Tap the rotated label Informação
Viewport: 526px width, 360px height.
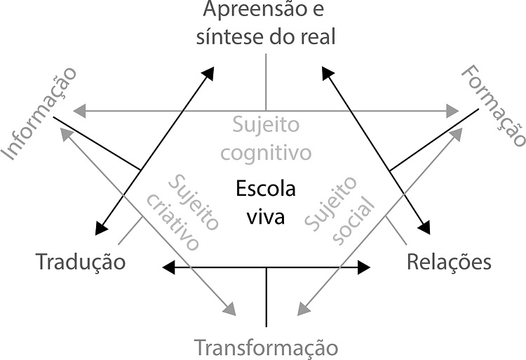coord(39,112)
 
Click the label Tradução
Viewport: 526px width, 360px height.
coord(81,262)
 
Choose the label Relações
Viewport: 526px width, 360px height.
coord(449,262)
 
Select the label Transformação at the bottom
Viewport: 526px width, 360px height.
coord(266,347)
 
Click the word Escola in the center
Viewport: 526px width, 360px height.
coord(266,189)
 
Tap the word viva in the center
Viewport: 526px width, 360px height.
coord(266,216)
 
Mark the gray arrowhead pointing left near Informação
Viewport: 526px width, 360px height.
coord(79,110)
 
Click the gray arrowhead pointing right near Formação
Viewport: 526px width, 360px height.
coord(453,110)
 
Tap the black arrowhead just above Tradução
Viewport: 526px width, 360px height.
coord(100,226)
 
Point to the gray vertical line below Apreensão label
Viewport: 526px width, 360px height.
coord(266,81)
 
